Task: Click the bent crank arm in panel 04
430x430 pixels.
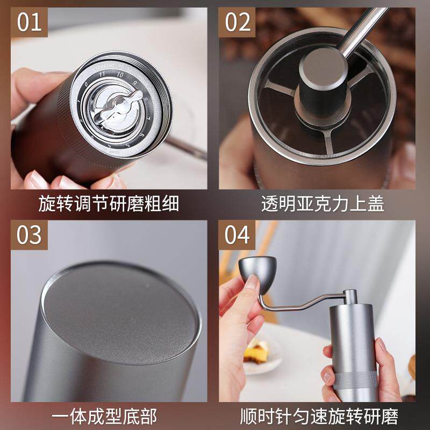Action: click(301, 301)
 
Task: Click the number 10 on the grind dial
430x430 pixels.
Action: click(121, 75)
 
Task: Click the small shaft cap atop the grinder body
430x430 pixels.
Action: click(350, 296)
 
